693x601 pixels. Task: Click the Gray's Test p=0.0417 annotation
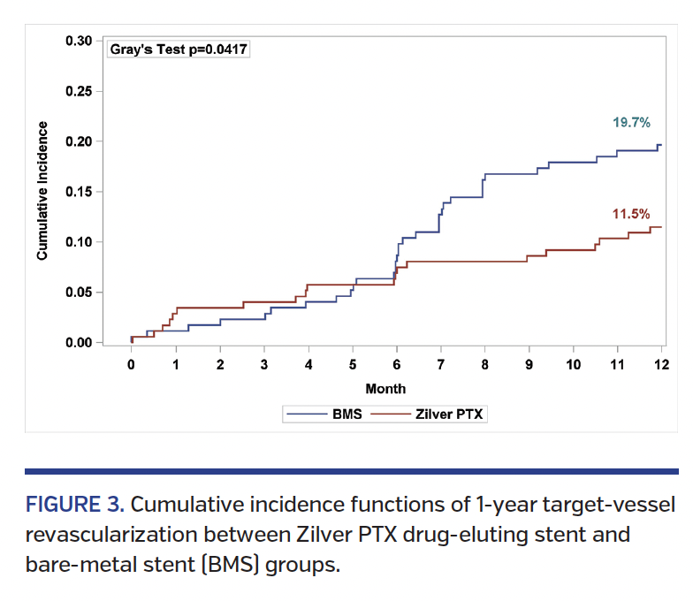click(x=178, y=49)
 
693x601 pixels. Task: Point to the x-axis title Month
click(x=385, y=388)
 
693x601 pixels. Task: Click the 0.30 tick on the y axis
click(x=79, y=41)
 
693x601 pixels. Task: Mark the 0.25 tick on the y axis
click(x=79, y=91)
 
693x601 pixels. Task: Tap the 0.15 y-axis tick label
click(x=79, y=192)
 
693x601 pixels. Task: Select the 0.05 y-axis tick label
click(x=79, y=293)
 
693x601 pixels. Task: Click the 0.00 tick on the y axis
click(x=79, y=343)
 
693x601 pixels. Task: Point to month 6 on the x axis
click(x=397, y=364)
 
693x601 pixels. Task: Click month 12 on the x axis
click(x=661, y=364)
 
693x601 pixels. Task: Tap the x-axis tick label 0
click(x=132, y=364)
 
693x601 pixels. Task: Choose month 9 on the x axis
click(x=529, y=364)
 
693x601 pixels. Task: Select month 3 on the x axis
click(x=264, y=364)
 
